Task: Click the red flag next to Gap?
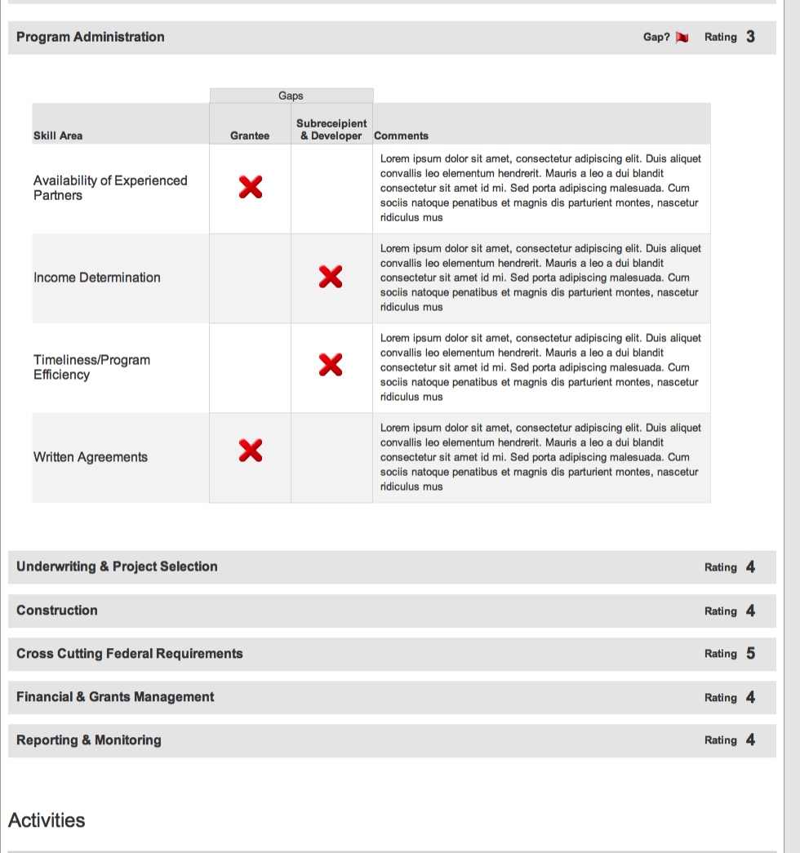(x=682, y=38)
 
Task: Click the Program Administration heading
(x=90, y=37)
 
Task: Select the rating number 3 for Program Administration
(x=750, y=37)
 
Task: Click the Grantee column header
(x=250, y=136)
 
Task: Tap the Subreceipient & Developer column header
(x=331, y=130)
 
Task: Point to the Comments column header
(x=401, y=136)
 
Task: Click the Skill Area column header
(x=58, y=136)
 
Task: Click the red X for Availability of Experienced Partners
(x=251, y=188)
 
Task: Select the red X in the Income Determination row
(x=331, y=278)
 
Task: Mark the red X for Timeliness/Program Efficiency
(x=331, y=366)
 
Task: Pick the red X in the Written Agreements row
(x=251, y=450)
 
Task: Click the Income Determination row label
(x=97, y=278)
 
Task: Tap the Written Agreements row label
(x=91, y=457)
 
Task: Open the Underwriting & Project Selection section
(x=117, y=566)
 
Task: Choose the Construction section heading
(x=57, y=610)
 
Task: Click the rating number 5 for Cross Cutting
(x=750, y=654)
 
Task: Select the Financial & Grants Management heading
(x=115, y=697)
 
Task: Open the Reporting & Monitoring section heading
(x=89, y=740)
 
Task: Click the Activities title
(x=47, y=820)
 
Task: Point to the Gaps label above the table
(x=291, y=96)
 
